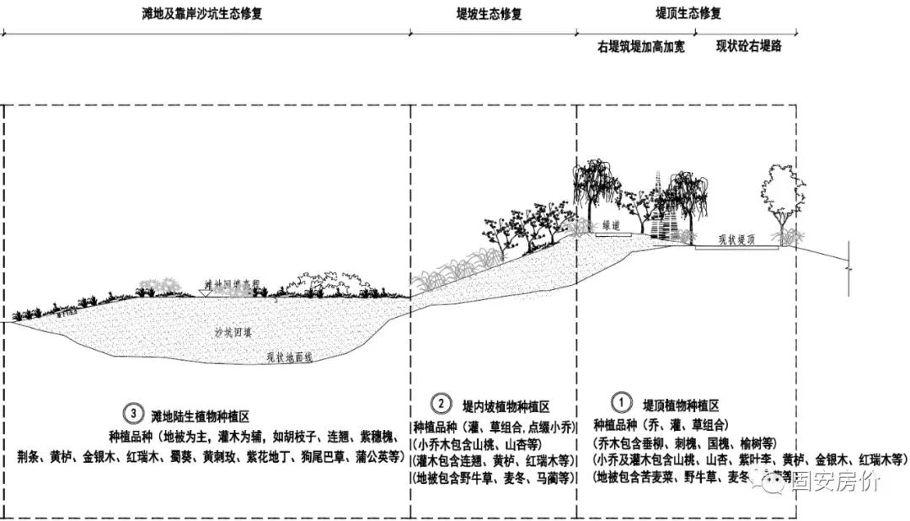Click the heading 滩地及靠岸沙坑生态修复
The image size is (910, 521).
tap(202, 13)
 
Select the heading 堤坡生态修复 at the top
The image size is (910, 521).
tap(489, 14)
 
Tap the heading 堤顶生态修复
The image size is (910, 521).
tap(688, 14)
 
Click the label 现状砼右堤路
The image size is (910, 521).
tap(748, 46)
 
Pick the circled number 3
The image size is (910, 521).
tap(132, 414)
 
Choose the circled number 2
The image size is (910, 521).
tap(442, 403)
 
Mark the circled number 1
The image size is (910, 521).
tap(619, 403)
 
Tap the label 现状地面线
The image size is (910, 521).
tap(290, 357)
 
